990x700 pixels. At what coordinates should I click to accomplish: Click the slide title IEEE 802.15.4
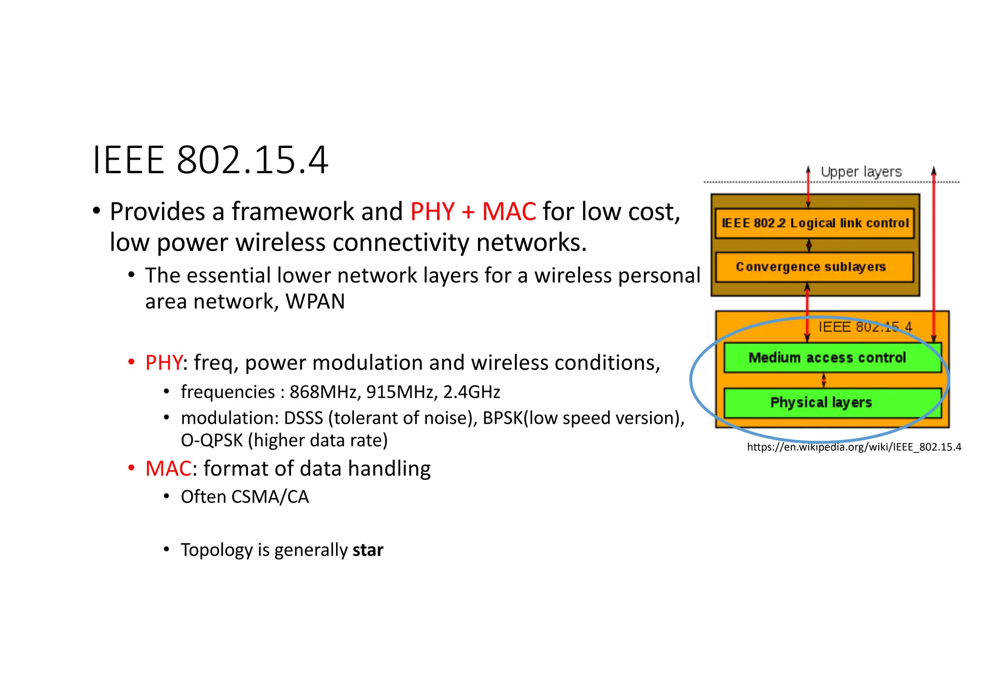(x=210, y=160)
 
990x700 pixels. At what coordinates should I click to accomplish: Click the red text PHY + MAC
(x=473, y=212)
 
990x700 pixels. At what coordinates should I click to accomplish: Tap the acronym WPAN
(x=315, y=301)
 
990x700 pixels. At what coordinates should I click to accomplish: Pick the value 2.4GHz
(x=471, y=392)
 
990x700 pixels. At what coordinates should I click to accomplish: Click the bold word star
(x=368, y=550)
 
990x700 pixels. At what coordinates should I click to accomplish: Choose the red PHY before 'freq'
(x=164, y=363)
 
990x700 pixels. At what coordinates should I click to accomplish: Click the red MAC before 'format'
(x=168, y=469)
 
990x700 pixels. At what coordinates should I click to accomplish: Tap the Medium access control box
(x=827, y=358)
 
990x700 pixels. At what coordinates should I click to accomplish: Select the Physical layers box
(x=821, y=402)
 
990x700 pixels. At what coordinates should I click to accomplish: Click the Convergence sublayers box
(x=811, y=267)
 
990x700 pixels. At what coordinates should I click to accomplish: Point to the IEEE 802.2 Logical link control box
(x=815, y=223)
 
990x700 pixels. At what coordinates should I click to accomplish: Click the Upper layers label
(x=861, y=172)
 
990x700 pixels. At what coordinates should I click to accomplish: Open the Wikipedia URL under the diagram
(x=854, y=447)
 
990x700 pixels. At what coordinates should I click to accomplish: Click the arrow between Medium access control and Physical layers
(x=824, y=381)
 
